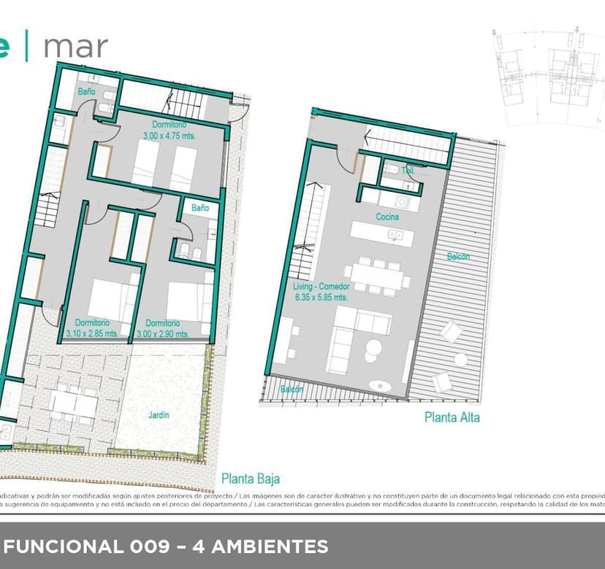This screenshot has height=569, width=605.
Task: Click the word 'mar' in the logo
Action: (75, 46)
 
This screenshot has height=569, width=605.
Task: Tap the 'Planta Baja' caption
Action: (251, 479)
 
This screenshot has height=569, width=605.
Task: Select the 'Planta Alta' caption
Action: (452, 418)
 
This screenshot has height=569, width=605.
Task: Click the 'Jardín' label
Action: (159, 415)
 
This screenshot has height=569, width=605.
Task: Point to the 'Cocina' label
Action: (387, 217)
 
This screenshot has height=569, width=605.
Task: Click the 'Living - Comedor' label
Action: (320, 287)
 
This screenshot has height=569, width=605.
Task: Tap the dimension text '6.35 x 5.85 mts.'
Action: (320, 298)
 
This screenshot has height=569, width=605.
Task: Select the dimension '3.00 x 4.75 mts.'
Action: (170, 136)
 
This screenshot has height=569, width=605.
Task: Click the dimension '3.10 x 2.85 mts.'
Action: (92, 333)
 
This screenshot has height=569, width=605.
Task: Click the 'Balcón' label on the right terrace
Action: (459, 257)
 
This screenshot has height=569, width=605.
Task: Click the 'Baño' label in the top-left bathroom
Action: (87, 92)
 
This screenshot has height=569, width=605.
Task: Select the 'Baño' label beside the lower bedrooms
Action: (200, 208)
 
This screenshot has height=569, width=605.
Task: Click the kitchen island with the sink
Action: (381, 234)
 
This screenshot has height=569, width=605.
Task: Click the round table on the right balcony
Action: (460, 360)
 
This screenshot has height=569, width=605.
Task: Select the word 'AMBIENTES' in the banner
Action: (270, 546)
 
